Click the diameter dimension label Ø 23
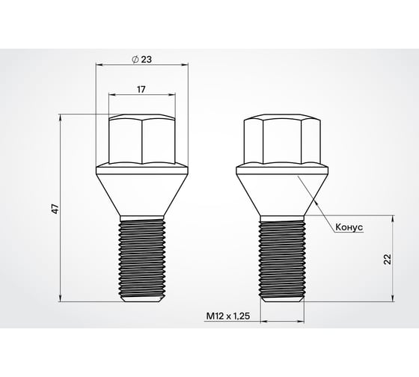click(x=141, y=59)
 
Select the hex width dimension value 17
click(x=141, y=89)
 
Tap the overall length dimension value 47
click(x=54, y=208)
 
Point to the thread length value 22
click(x=387, y=259)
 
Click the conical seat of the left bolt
click(x=141, y=191)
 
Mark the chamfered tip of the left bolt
click(x=141, y=298)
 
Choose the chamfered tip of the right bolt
click(x=281, y=298)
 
